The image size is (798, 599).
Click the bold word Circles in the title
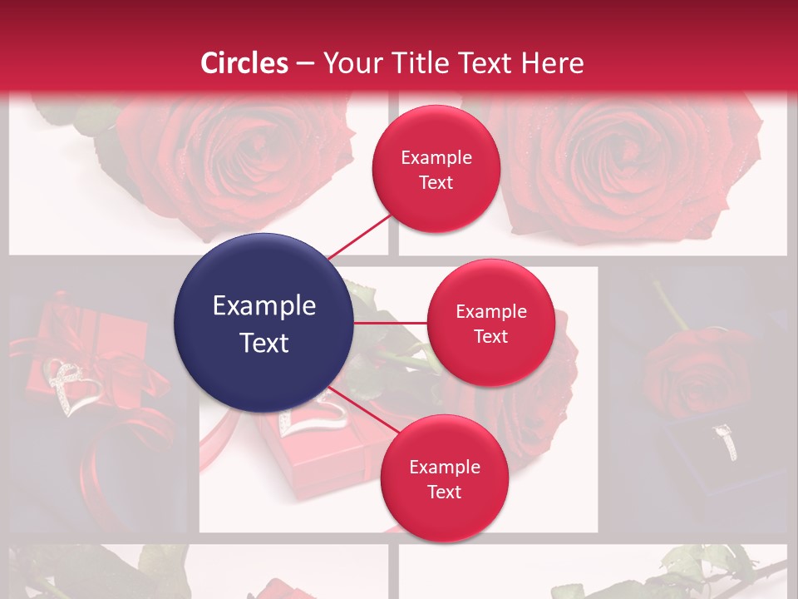point(244,63)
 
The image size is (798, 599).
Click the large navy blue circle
point(264,323)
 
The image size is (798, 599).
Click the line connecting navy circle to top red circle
point(360,235)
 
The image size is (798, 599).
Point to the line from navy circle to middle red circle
point(391,323)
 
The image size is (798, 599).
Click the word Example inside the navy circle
point(264,306)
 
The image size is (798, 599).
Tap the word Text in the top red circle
point(436,183)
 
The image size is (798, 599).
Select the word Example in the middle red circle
point(490,312)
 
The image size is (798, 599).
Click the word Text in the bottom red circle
point(444,493)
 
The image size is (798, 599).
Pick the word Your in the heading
point(350,63)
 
